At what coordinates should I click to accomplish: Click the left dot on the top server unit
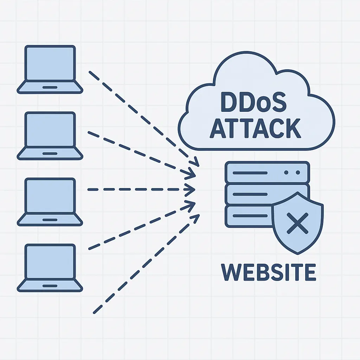[286, 173]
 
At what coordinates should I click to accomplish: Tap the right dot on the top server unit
[297, 173]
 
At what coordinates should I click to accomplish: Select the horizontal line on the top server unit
[250, 173]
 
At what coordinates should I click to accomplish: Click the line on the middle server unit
[250, 194]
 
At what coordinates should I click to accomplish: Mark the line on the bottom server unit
[248, 215]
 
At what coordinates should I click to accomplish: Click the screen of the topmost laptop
[50, 63]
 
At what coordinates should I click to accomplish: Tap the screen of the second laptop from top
[50, 130]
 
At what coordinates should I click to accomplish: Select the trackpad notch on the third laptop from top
[50, 220]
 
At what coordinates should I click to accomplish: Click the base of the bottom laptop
[50, 286]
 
